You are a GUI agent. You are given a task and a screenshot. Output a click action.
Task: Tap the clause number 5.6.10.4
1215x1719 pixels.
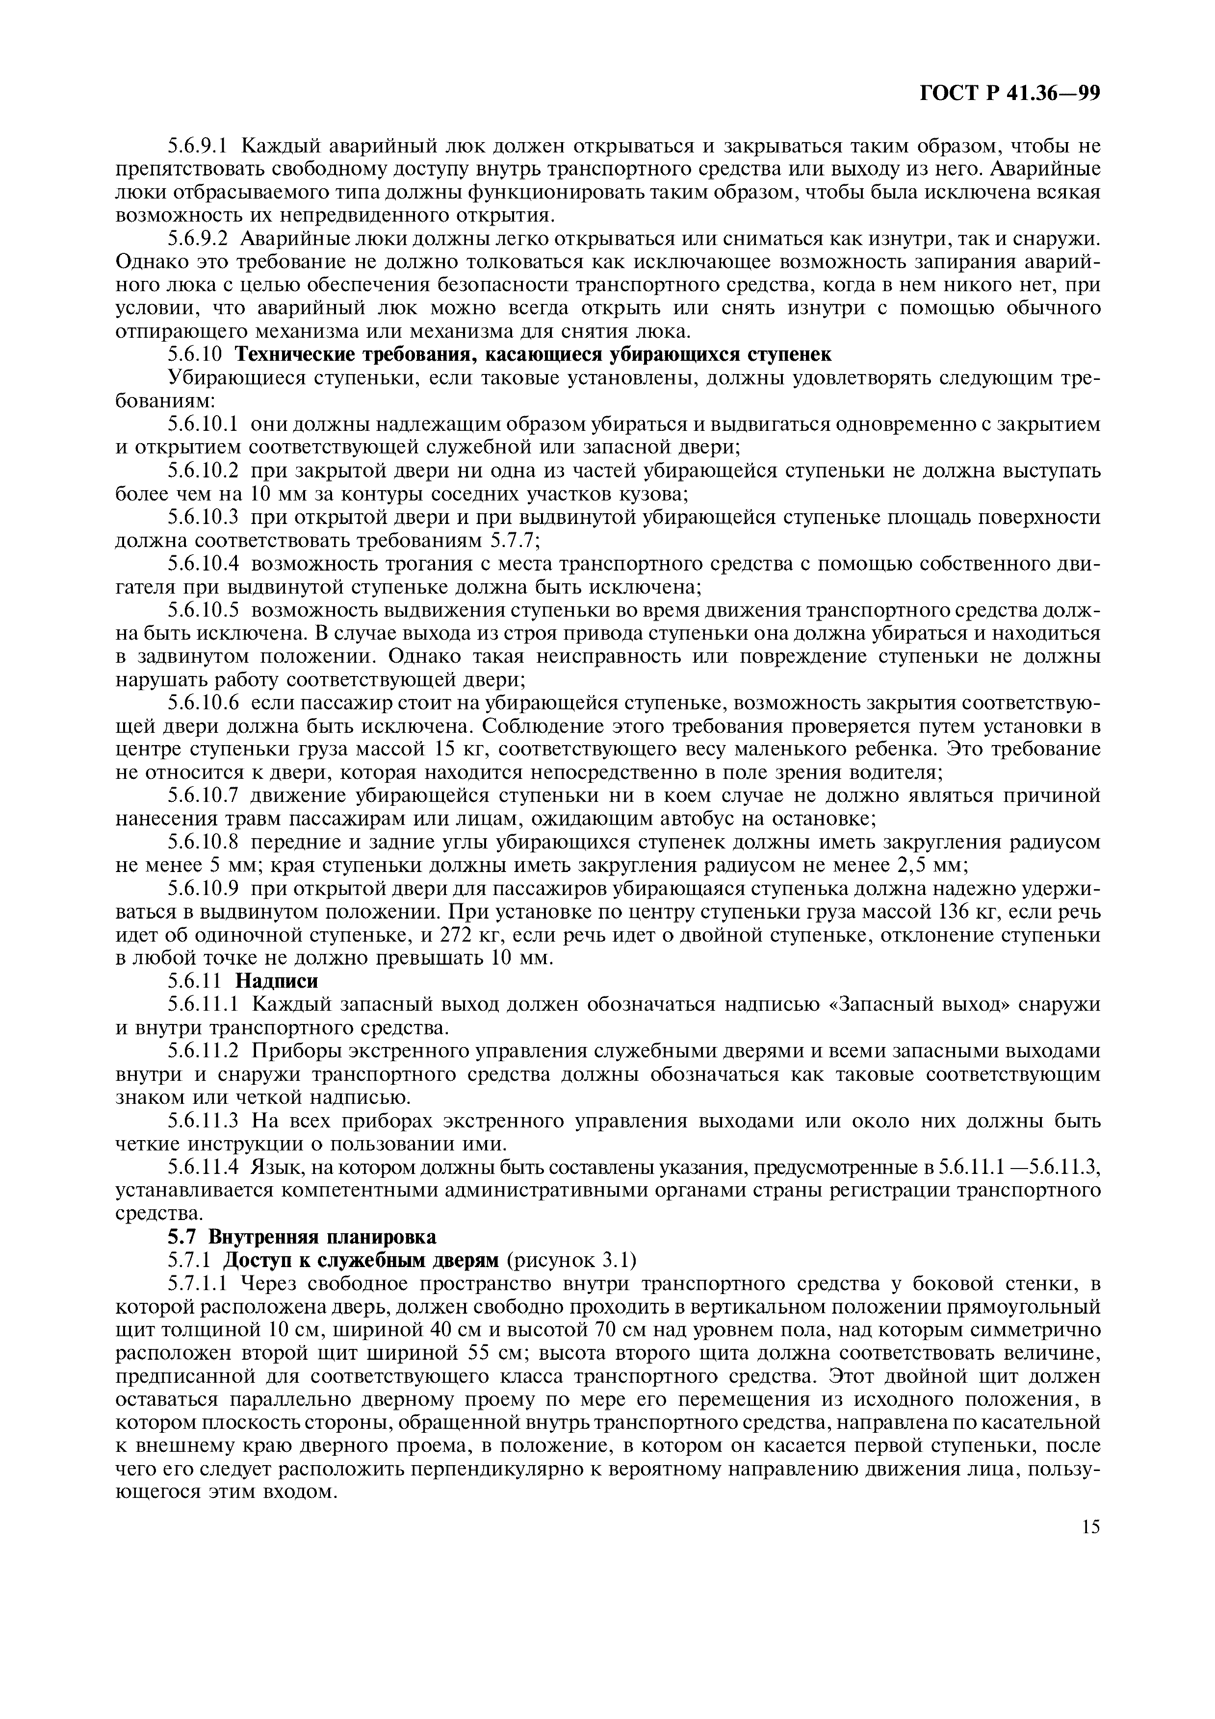click(x=204, y=563)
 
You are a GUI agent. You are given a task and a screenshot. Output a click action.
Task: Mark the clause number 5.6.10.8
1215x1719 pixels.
click(x=204, y=842)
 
